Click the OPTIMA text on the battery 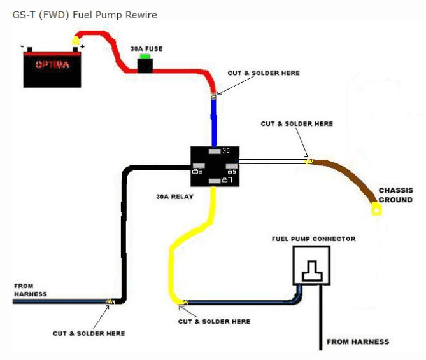(52, 65)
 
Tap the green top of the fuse (145, 56)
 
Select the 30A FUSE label (146, 49)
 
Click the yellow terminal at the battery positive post (76, 41)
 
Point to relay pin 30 (215, 151)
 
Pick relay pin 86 (199, 165)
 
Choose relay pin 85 (232, 166)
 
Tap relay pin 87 (215, 181)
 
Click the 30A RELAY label (174, 197)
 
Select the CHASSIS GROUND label (395, 195)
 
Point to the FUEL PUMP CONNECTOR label (314, 239)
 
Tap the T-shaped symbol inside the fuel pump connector (312, 271)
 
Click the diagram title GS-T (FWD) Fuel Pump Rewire (85, 15)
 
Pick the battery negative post (30, 49)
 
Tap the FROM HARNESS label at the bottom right (358, 342)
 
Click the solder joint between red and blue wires (213, 95)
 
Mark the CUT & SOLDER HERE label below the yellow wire (214, 321)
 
